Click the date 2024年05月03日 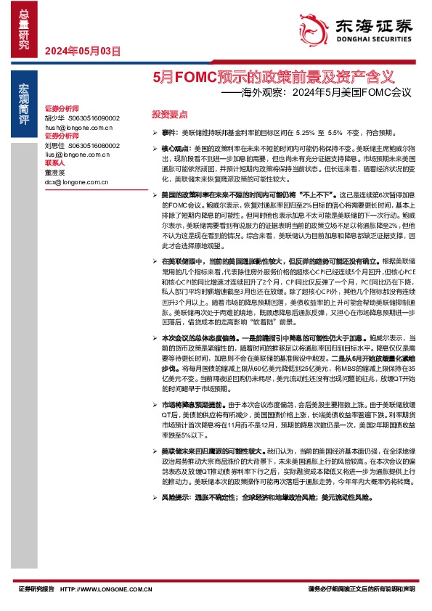[x=82, y=51]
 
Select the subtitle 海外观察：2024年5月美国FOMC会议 [x=315, y=93]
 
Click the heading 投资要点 [x=169, y=115]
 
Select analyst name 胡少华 [x=55, y=118]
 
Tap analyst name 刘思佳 [x=55, y=145]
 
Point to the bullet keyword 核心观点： [x=175, y=147]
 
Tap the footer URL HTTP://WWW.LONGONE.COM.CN [x=106, y=590]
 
